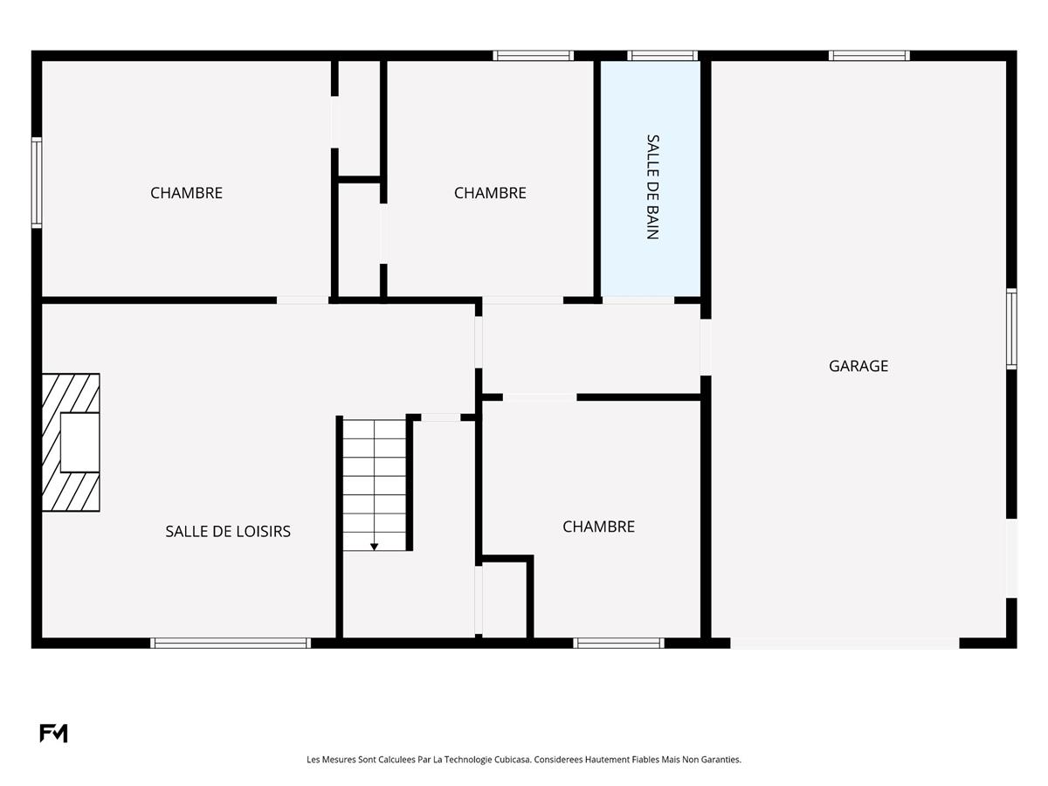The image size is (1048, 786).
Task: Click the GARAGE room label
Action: click(858, 366)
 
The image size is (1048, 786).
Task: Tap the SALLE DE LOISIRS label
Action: click(228, 531)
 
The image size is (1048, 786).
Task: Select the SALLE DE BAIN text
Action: click(652, 187)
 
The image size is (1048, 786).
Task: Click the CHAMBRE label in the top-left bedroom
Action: click(186, 193)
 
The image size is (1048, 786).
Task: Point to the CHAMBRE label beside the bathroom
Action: click(490, 193)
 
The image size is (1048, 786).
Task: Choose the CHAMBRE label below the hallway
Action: click(598, 527)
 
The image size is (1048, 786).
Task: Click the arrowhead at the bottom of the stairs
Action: click(375, 547)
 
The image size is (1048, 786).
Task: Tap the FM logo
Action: click(53, 733)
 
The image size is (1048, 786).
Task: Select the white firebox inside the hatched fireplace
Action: click(79, 443)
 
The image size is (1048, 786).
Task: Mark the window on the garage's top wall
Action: click(869, 55)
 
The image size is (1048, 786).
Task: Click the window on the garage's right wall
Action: click(1011, 329)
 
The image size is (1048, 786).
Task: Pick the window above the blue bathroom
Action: click(662, 55)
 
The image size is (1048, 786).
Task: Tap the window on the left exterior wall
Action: click(37, 183)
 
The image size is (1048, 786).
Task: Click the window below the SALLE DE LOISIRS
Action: click(231, 643)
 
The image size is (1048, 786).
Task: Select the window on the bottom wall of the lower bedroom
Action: click(618, 643)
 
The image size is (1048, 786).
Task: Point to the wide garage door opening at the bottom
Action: click(845, 643)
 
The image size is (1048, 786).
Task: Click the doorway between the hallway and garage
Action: click(706, 347)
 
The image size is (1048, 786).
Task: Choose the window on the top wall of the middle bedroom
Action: click(534, 55)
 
